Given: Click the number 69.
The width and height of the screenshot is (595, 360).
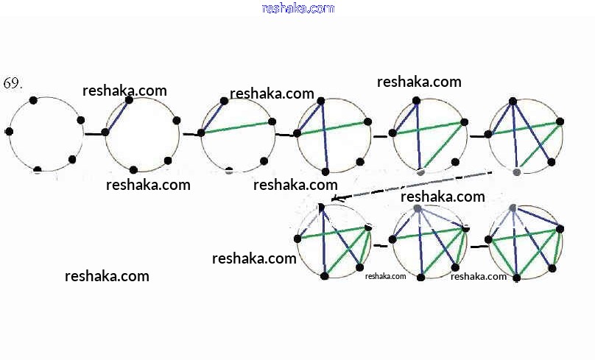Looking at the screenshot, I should pyautogui.click(x=13, y=83).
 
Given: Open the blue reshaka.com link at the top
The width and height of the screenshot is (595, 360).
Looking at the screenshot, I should pyautogui.click(x=298, y=8).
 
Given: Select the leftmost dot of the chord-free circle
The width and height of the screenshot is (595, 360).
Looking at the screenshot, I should pyautogui.click(x=9, y=131).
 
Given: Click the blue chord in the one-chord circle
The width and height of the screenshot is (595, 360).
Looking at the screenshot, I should pyautogui.click(x=117, y=116).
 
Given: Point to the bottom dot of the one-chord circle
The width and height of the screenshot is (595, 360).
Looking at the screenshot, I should pyautogui.click(x=133, y=170).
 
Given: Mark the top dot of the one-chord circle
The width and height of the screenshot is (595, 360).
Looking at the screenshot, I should pyautogui.click(x=130, y=99).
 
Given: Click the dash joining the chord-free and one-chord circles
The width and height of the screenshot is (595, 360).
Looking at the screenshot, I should pyautogui.click(x=94, y=134).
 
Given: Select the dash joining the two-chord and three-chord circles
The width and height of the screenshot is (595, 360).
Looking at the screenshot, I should pyautogui.click(x=284, y=135).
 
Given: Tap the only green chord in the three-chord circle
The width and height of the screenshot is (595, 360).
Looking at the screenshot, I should pyautogui.click(x=332, y=127).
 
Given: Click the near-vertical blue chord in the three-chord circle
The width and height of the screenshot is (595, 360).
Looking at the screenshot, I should pyautogui.click(x=324, y=136).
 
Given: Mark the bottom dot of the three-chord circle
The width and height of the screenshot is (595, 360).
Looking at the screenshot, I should pyautogui.click(x=325, y=172).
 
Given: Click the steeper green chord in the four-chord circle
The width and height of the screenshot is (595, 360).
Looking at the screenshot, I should pyautogui.click(x=443, y=146).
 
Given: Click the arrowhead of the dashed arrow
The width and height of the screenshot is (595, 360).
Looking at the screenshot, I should pyautogui.click(x=335, y=199).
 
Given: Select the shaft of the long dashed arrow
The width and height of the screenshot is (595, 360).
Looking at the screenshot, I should pyautogui.click(x=412, y=185).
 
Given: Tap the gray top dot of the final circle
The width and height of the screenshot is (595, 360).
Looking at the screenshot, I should pyautogui.click(x=513, y=208).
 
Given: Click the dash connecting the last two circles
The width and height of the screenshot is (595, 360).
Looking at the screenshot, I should pyautogui.click(x=479, y=246).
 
